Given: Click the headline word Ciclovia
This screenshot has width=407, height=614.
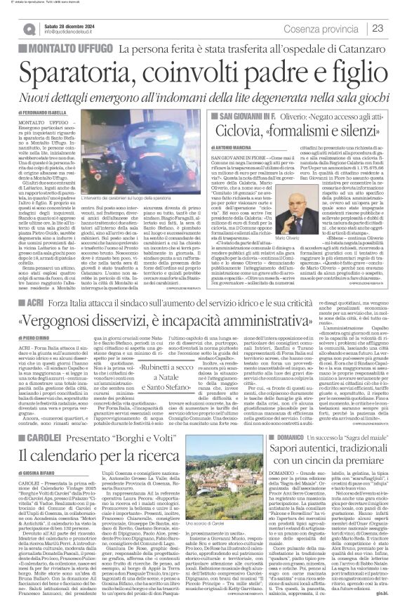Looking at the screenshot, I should point(228,130).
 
